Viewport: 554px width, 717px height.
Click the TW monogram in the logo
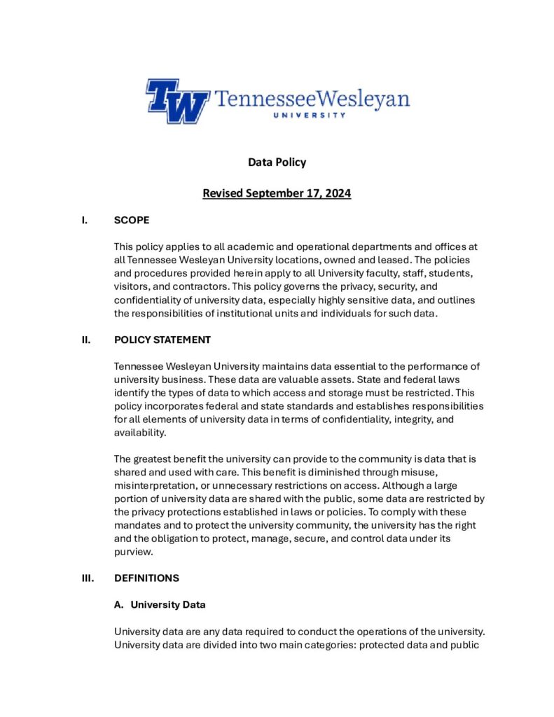click(177, 101)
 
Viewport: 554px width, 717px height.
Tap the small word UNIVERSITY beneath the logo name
click(308, 115)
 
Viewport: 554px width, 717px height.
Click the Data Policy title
click(277, 162)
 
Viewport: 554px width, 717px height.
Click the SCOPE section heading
click(131, 221)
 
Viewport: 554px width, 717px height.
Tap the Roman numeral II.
click(86, 340)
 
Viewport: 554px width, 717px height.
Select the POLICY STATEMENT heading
click(162, 340)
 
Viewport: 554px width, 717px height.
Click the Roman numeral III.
click(88, 578)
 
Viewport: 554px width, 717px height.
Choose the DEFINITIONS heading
click(146, 578)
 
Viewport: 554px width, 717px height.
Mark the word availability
click(141, 432)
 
